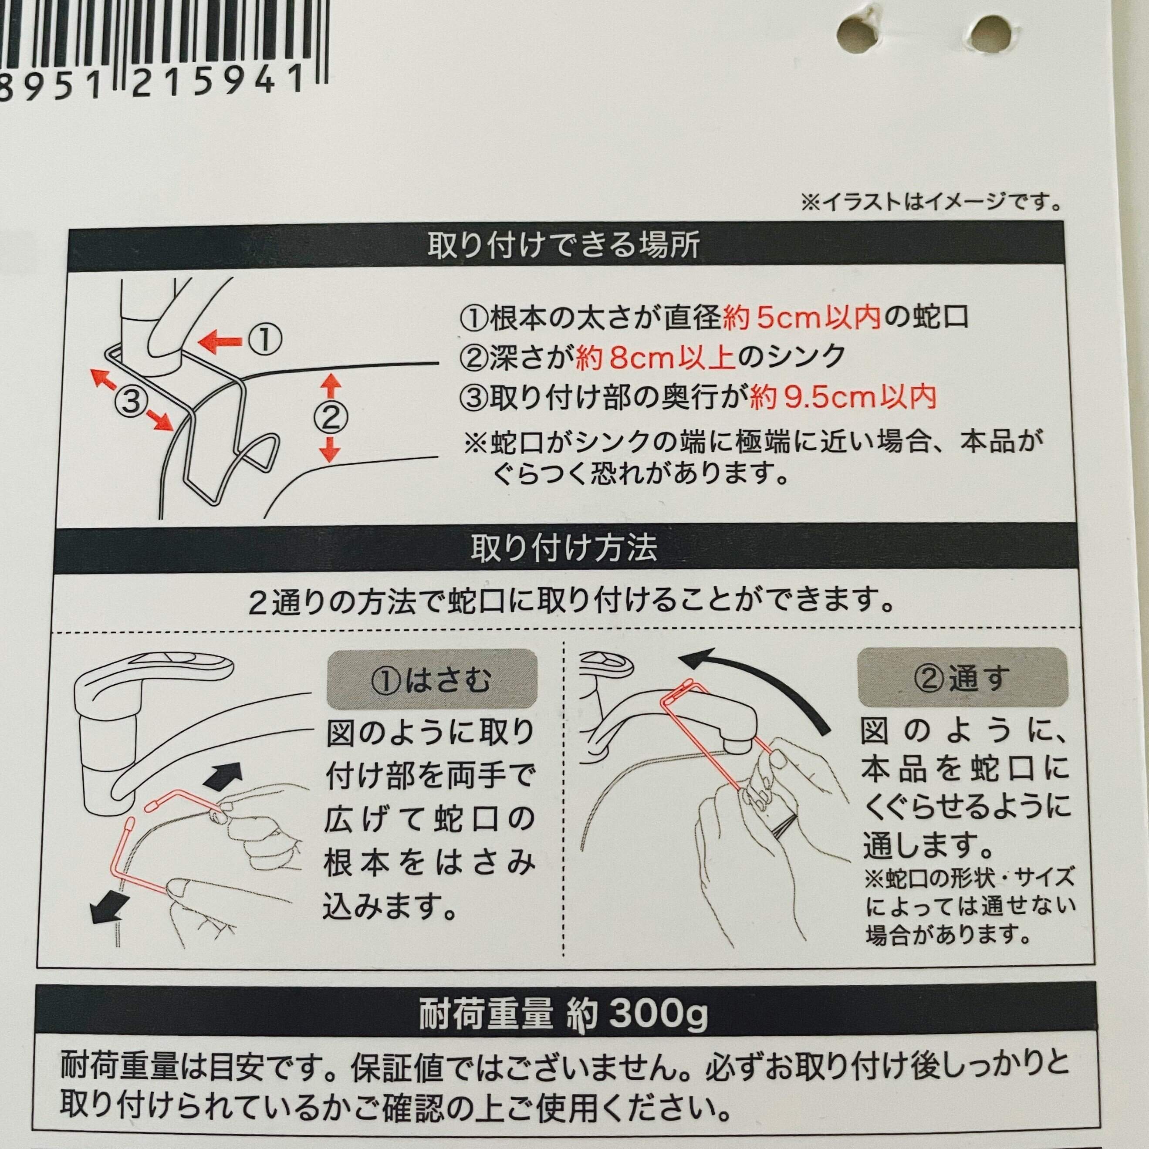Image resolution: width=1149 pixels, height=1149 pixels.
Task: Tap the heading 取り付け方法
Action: (563, 548)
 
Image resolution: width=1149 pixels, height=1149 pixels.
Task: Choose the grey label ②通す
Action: (962, 679)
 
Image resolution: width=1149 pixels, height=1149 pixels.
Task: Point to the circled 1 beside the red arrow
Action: (265, 340)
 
